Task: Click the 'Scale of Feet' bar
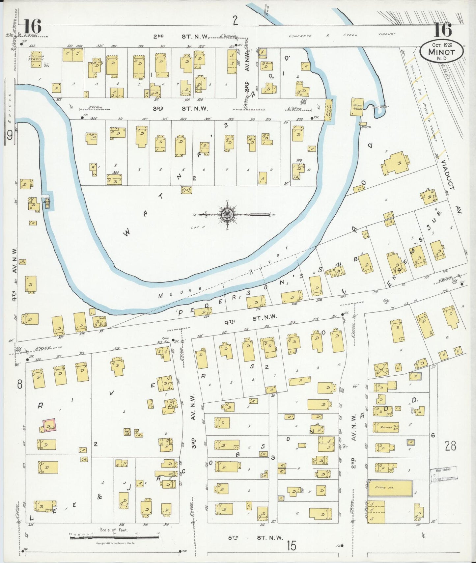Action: (114, 538)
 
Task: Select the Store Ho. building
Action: (390, 488)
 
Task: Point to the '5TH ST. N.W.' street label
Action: (256, 538)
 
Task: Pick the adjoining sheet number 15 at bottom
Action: (291, 546)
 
